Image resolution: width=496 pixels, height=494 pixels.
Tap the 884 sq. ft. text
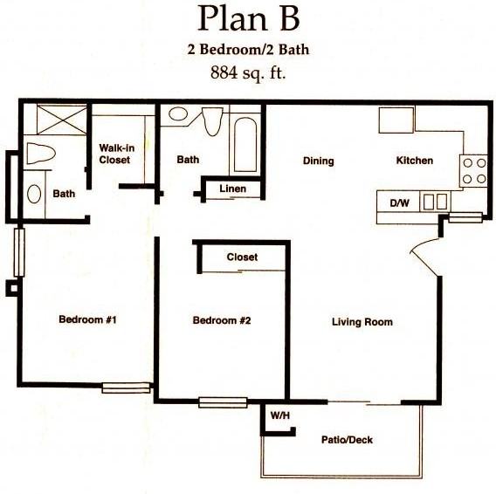click(247, 73)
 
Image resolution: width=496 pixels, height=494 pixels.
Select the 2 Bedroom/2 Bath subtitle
click(247, 50)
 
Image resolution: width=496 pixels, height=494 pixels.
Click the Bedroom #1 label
click(87, 320)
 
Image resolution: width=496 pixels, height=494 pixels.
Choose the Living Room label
click(362, 322)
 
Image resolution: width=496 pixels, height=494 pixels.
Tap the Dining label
click(318, 161)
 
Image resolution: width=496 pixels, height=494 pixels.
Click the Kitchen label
click(414, 161)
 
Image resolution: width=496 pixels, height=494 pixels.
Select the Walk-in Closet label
click(114, 154)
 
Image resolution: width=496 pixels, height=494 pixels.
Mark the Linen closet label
click(232, 189)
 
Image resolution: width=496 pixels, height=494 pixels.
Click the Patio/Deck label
click(347, 440)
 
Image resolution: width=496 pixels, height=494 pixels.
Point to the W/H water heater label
click(280, 415)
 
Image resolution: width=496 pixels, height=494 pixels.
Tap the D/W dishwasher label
click(399, 202)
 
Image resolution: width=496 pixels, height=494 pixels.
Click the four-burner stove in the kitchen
click(472, 170)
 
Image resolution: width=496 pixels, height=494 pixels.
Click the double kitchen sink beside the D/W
click(433, 202)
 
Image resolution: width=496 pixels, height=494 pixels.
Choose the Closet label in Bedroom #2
click(242, 257)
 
